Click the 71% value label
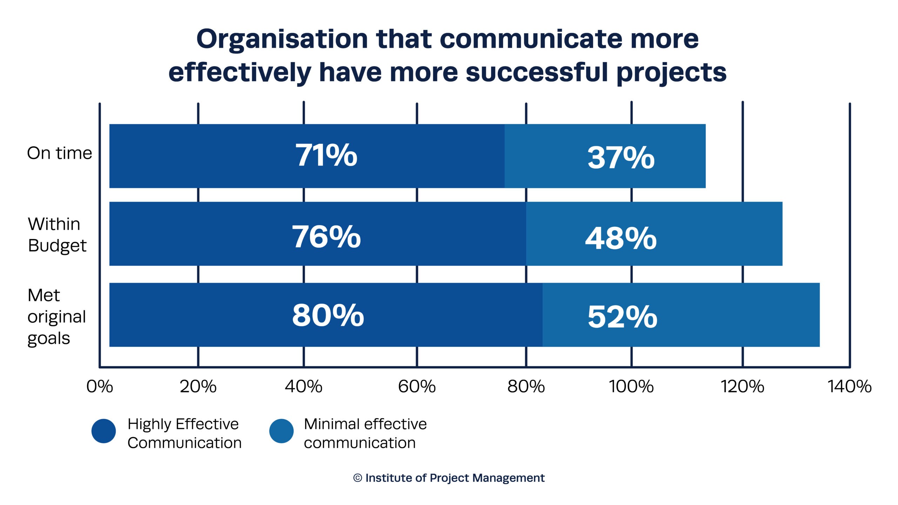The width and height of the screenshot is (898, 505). pos(326,155)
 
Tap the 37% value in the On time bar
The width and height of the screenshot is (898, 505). pos(621,158)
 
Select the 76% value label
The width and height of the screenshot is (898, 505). pos(326,237)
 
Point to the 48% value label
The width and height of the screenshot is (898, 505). pos(621,239)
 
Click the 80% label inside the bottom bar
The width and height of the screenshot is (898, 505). pos(328,316)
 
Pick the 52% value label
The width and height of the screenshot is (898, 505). pos(622,317)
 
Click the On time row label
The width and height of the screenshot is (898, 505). pos(59,153)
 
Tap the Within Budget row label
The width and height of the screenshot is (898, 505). pos(57,235)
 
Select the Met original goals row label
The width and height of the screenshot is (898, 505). pos(56,317)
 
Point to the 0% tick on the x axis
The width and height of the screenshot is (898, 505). pos(100,387)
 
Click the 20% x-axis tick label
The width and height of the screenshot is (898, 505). pos(198,387)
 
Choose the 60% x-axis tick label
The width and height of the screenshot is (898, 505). pos(417,387)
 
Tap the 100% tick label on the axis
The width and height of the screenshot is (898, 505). pos(631,387)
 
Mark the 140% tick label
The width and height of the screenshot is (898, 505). pos(850,387)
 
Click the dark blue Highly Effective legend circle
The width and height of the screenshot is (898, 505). pos(103,431)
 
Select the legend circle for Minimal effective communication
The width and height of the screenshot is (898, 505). pos(281,431)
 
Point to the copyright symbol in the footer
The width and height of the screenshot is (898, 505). pos(357,478)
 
